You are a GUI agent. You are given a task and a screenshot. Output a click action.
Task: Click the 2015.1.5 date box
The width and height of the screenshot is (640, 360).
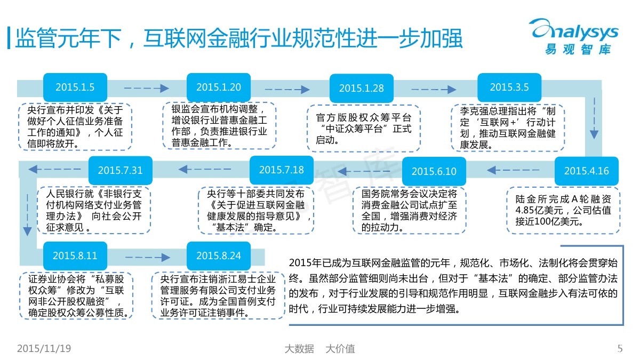75,87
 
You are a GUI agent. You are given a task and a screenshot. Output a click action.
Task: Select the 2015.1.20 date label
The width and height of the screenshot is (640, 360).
219,87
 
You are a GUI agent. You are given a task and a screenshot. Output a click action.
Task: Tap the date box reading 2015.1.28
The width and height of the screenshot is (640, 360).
361,89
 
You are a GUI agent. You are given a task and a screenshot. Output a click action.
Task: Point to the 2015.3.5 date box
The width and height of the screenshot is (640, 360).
509,87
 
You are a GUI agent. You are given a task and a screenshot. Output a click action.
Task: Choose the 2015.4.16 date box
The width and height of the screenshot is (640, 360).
586,171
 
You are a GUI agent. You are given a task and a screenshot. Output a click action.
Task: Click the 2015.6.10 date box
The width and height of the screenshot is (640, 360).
434,171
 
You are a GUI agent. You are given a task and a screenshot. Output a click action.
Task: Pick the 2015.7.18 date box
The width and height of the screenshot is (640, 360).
282,170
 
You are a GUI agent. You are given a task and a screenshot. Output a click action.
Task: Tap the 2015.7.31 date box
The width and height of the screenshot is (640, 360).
121,170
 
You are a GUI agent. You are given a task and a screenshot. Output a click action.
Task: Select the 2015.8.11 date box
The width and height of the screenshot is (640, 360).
75,255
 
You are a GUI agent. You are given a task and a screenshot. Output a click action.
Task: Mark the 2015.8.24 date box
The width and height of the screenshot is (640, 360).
219,255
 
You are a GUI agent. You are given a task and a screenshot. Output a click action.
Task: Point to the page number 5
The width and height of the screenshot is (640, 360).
620,349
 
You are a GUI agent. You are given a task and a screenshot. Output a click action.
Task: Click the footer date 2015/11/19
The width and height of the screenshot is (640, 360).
44,349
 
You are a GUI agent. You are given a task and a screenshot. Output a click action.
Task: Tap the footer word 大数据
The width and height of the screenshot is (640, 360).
299,349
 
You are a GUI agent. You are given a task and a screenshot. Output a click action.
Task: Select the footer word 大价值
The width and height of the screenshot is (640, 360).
340,349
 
